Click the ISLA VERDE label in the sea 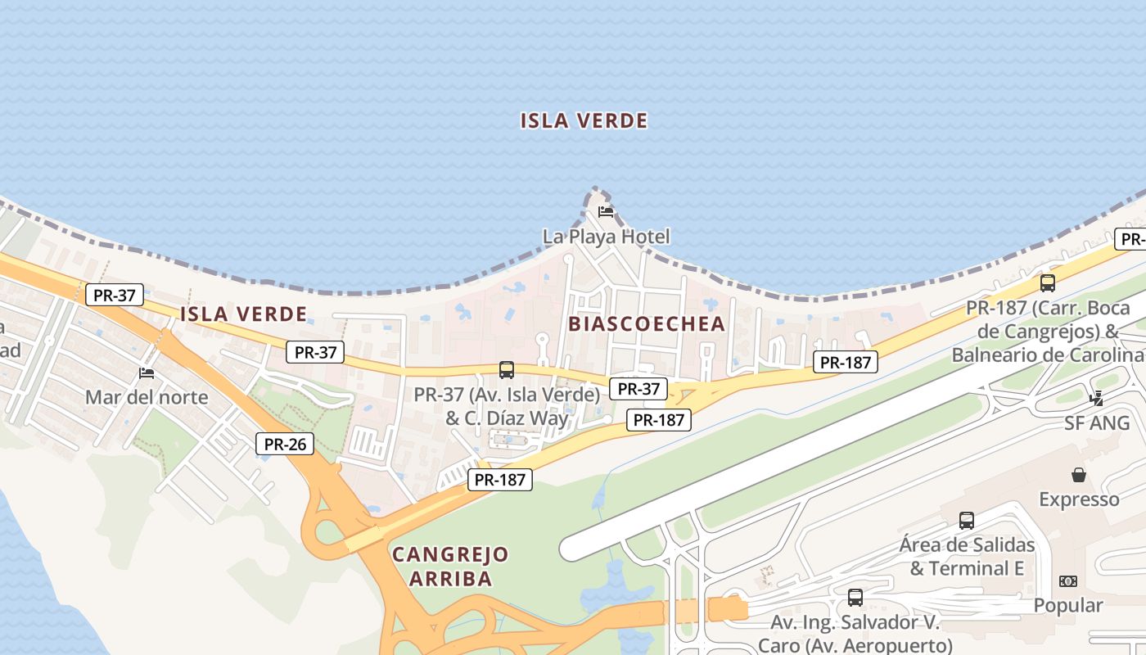click(x=584, y=121)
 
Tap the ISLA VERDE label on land click(x=243, y=314)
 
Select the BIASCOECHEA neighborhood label click(x=647, y=323)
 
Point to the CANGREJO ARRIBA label click(x=450, y=567)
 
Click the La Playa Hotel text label click(x=606, y=237)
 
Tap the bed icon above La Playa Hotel click(x=606, y=211)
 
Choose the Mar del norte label click(x=147, y=398)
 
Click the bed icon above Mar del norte click(x=147, y=373)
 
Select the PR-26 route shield click(x=284, y=445)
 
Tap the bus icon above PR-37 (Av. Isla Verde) click(x=507, y=370)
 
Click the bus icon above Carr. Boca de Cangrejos click(x=1047, y=283)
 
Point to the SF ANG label click(x=1096, y=423)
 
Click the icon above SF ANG click(x=1097, y=399)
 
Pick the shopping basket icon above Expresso click(x=1079, y=475)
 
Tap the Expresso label click(x=1079, y=499)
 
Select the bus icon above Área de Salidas click(x=967, y=521)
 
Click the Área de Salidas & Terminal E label click(x=967, y=557)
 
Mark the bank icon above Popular click(x=1067, y=581)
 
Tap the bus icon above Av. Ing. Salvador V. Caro click(x=855, y=598)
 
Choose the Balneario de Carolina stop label click(x=1047, y=355)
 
